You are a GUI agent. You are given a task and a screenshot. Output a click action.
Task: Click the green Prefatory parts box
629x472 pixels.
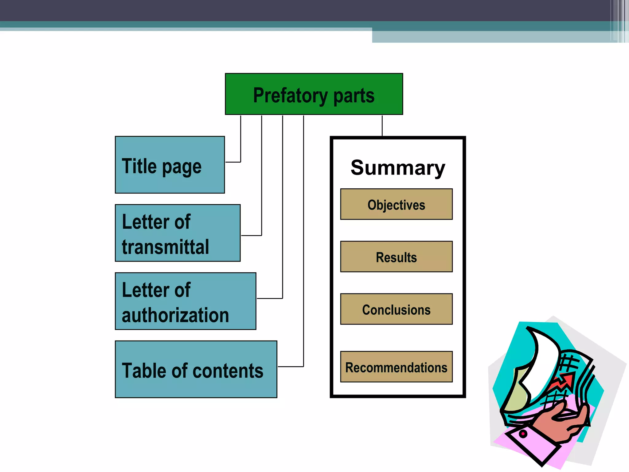pyautogui.click(x=314, y=94)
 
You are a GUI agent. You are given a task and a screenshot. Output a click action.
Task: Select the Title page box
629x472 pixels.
pyautogui.click(x=170, y=165)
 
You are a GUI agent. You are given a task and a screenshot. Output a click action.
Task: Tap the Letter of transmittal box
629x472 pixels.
pyautogui.click(x=178, y=233)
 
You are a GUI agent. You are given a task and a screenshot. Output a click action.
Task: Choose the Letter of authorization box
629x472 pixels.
pyautogui.click(x=186, y=301)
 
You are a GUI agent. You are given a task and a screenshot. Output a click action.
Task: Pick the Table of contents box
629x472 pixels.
pyautogui.click(x=196, y=369)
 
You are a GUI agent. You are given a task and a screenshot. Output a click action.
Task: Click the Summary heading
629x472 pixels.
pyautogui.click(x=398, y=168)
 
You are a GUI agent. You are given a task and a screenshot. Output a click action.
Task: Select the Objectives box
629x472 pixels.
pyautogui.click(x=396, y=204)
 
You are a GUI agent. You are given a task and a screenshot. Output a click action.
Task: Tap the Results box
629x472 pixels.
pyautogui.click(x=396, y=257)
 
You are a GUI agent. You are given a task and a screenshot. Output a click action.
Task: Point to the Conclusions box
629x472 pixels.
pyautogui.click(x=396, y=309)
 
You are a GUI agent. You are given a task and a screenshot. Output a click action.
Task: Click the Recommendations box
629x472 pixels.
pyautogui.click(x=396, y=367)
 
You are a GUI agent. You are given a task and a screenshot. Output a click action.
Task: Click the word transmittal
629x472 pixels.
pyautogui.click(x=165, y=247)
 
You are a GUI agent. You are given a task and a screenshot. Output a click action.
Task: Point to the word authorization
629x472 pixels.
pyautogui.click(x=175, y=315)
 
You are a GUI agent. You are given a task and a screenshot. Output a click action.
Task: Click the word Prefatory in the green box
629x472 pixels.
pyautogui.click(x=290, y=95)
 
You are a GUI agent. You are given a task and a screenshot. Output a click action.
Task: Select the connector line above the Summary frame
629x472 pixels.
pyautogui.click(x=382, y=125)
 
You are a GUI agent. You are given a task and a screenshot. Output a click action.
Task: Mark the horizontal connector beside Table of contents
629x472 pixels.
pyautogui.click(x=290, y=367)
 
